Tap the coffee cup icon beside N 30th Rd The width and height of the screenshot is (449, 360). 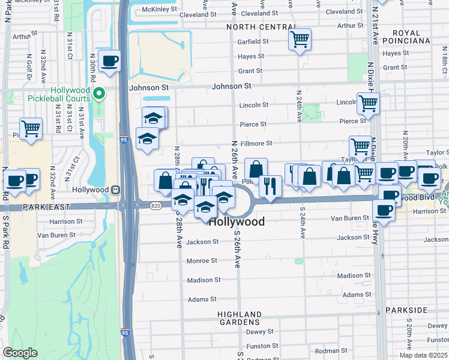[x=110, y=61]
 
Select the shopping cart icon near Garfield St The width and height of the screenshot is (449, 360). [x=300, y=40]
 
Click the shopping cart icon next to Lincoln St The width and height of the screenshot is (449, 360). [x=368, y=103]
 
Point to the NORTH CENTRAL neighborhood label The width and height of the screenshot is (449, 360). [x=261, y=28]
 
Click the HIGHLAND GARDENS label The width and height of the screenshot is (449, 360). [x=240, y=318]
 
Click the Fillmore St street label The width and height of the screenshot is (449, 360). [x=256, y=143]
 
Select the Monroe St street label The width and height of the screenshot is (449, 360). [x=201, y=261]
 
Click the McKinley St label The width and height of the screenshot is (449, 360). [x=160, y=10]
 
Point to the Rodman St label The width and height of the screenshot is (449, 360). [x=331, y=350]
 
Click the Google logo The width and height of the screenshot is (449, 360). [x=20, y=353]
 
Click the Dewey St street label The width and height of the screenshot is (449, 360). [x=260, y=331]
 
